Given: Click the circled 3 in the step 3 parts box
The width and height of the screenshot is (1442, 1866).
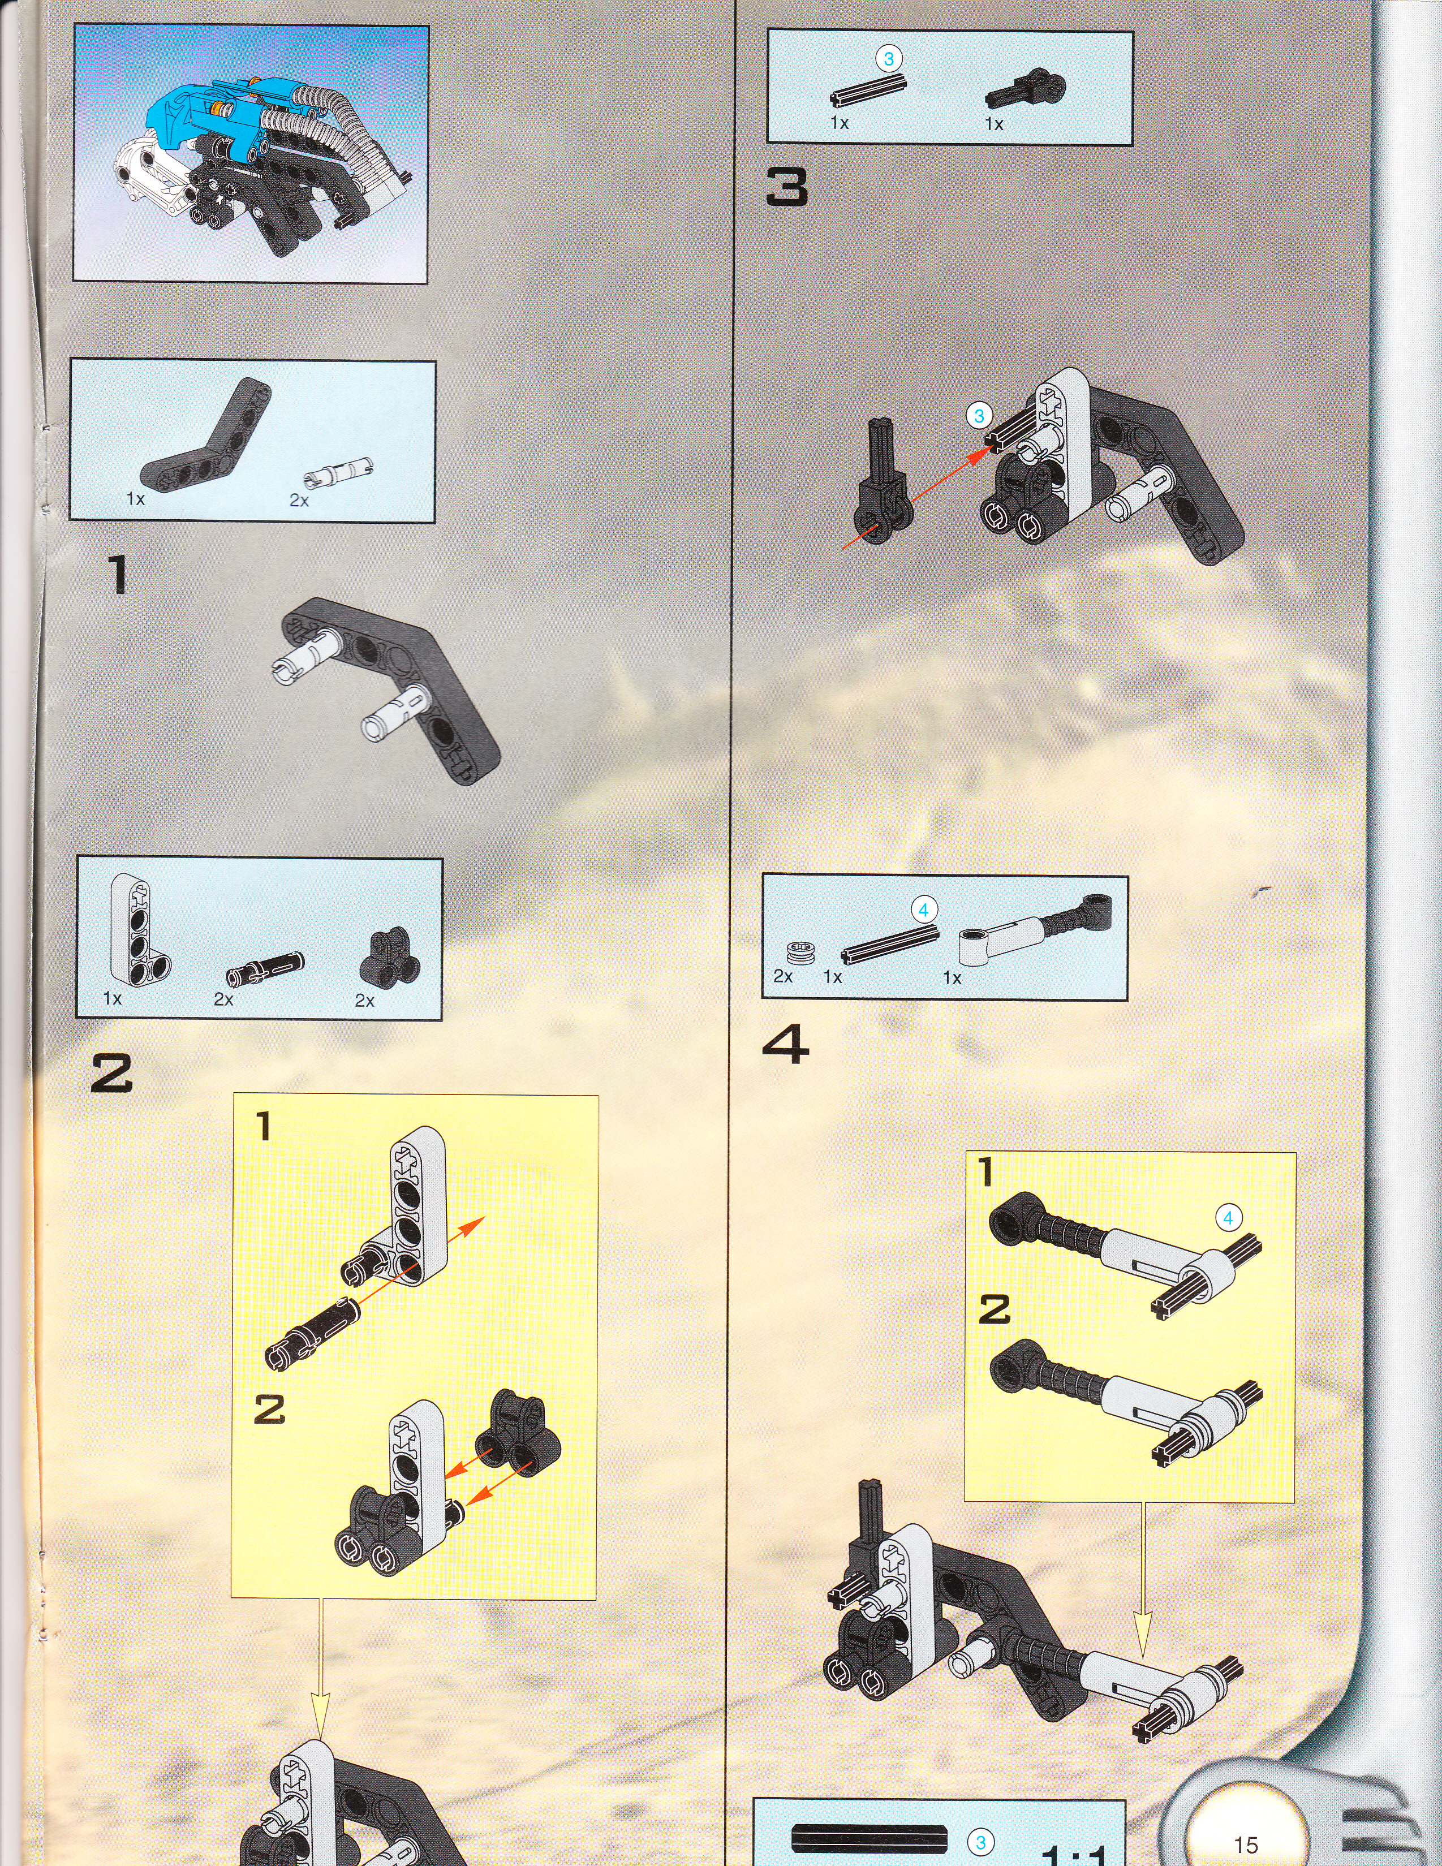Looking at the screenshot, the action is point(889,59).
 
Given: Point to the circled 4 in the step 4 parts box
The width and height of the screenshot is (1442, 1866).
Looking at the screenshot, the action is point(923,910).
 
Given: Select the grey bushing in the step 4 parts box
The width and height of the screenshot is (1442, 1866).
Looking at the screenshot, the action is point(800,953).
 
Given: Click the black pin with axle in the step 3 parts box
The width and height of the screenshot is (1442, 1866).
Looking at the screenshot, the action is point(1026,88).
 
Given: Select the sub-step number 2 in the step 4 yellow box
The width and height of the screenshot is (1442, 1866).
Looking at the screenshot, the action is point(994,1310).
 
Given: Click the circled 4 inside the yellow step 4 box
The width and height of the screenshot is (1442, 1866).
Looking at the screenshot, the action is point(1228,1218).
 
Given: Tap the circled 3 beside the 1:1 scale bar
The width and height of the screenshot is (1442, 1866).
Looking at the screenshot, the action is point(980,1843).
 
